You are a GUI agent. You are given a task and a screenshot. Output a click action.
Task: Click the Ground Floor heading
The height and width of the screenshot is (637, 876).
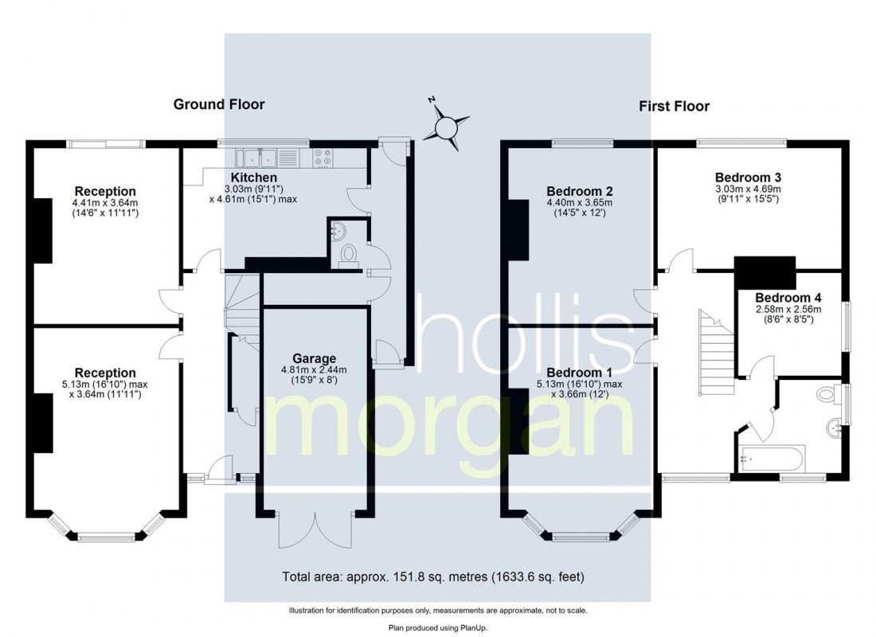[x=219, y=104]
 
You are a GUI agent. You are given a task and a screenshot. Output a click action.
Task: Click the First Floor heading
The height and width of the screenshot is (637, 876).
[x=674, y=106]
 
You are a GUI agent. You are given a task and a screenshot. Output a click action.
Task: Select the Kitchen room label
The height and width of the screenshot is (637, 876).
[x=253, y=177]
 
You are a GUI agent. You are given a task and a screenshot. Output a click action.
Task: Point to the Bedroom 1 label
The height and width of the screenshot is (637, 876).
[x=579, y=373]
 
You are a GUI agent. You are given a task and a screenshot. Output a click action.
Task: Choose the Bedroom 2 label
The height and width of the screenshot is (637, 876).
[x=579, y=191]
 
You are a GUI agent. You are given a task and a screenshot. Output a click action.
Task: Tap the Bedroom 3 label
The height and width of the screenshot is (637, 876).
[x=748, y=177]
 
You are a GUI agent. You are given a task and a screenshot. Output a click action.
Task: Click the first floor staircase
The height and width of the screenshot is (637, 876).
[x=715, y=350]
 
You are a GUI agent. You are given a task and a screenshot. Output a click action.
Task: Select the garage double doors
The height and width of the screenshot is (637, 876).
[x=315, y=530]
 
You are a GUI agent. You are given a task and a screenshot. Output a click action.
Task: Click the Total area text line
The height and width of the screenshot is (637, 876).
[x=437, y=576]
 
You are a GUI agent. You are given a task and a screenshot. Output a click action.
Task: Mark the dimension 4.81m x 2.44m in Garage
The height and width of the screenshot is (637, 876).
[x=313, y=370]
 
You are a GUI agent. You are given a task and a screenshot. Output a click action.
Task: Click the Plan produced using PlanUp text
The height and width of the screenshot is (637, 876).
[x=437, y=627]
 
